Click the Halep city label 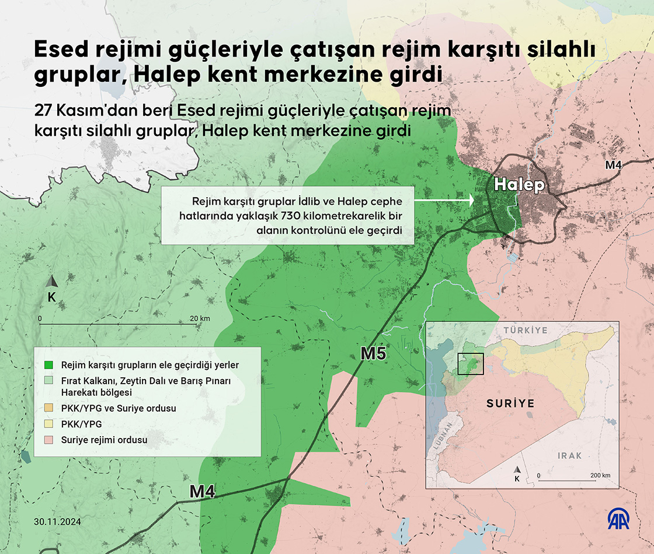tap(519, 185)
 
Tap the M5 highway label tap(373, 353)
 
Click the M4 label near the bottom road tap(203, 492)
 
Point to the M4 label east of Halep tap(613, 165)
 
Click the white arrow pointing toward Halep tap(444, 200)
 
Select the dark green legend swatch tap(50, 364)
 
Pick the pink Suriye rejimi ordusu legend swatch tap(50, 439)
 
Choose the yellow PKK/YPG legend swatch tap(50, 425)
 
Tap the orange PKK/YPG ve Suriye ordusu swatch tap(50, 409)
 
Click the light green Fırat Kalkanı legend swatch tap(50, 381)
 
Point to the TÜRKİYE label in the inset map tap(525, 330)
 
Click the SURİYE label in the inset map tap(510, 404)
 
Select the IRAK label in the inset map tap(569, 455)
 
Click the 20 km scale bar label tap(200, 318)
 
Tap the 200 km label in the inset tap(600, 475)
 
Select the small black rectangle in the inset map tap(471, 363)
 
